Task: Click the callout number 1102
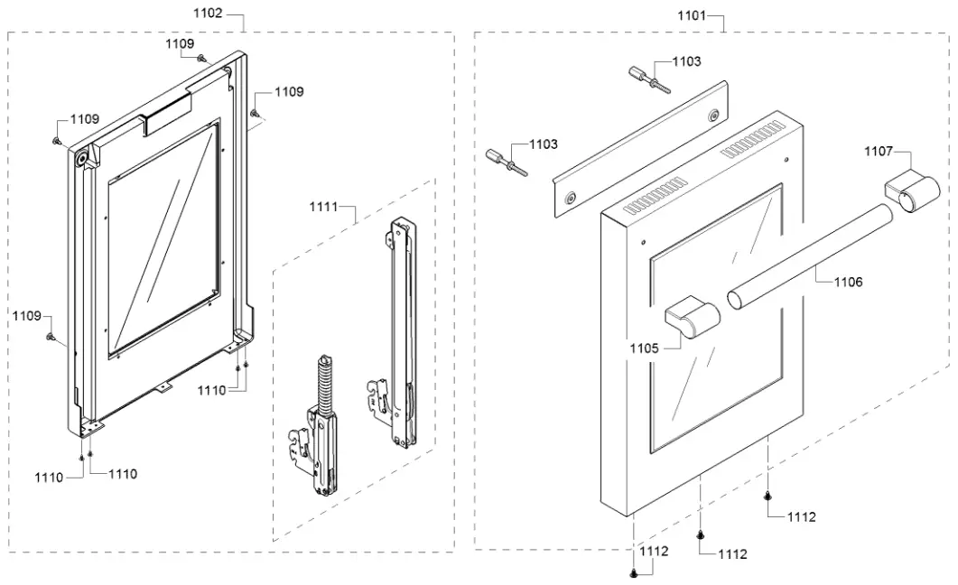pos(207,15)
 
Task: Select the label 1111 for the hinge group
pos(323,207)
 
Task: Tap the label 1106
pos(848,282)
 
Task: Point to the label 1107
pos(879,151)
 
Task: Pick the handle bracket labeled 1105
pos(691,319)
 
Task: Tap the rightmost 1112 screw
pos(767,496)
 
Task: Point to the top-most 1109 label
pos(180,43)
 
